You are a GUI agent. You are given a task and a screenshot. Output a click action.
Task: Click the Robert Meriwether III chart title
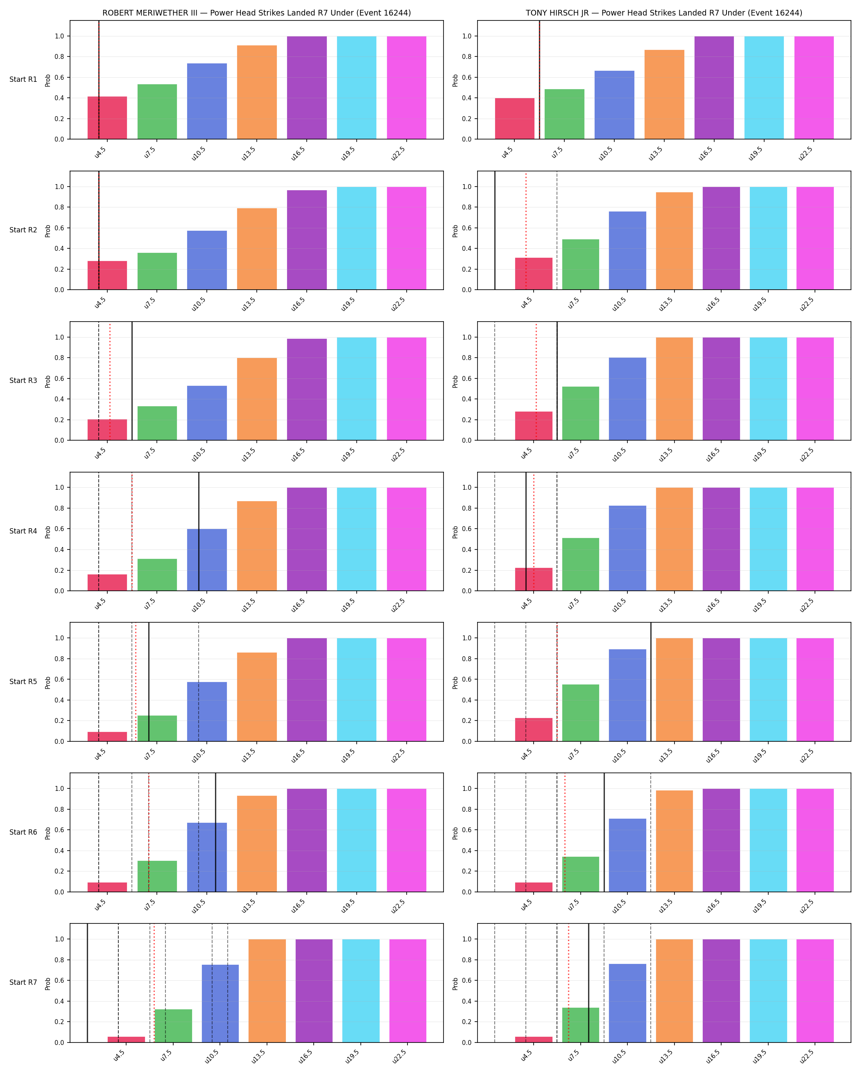coord(257,13)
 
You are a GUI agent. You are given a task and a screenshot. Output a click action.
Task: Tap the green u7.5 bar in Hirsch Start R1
coord(564,114)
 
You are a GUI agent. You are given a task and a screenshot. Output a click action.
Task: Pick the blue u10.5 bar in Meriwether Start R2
coord(207,260)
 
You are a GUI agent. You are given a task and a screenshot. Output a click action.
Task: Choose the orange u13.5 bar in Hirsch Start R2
coord(674,241)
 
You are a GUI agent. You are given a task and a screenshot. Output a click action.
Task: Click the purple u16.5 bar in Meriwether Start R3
coord(307,390)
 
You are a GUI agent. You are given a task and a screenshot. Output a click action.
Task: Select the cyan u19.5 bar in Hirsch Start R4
coord(768,539)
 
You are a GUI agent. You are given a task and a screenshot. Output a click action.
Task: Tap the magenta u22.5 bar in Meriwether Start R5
coord(406,690)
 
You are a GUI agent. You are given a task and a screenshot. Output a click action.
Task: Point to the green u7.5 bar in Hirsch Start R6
coord(581,874)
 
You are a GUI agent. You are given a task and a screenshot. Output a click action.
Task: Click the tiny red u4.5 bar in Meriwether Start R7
coord(126,1039)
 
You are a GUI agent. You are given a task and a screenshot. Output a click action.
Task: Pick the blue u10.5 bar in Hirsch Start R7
coord(627,1003)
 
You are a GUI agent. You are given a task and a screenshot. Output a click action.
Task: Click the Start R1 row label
coord(23,80)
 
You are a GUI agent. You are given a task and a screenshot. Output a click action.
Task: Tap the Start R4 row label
coord(23,531)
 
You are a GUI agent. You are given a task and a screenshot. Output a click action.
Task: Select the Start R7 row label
coord(23,982)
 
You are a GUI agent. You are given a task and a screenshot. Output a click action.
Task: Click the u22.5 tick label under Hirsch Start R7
coord(807,1056)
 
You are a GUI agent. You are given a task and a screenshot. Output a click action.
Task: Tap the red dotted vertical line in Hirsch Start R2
coord(525,231)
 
